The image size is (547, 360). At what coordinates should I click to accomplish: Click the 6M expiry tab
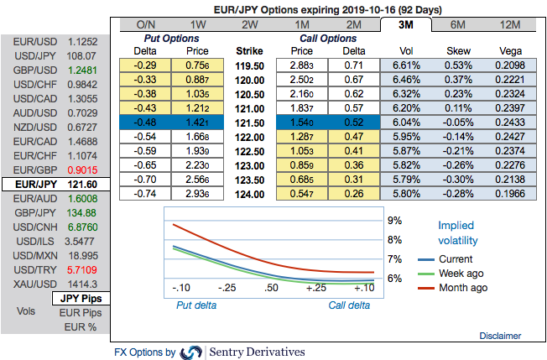pyautogui.click(x=457, y=24)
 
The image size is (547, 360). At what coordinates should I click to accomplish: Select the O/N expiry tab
pyautogui.click(x=145, y=24)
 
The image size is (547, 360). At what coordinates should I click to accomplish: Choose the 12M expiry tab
pyautogui.click(x=509, y=24)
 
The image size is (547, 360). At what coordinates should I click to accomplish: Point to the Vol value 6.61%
pyautogui.click(x=405, y=65)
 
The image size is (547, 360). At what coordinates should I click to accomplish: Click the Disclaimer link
pyautogui.click(x=501, y=335)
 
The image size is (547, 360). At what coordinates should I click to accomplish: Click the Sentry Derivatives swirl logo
pyautogui.click(x=191, y=352)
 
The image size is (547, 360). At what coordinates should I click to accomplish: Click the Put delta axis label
pyautogui.click(x=195, y=305)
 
